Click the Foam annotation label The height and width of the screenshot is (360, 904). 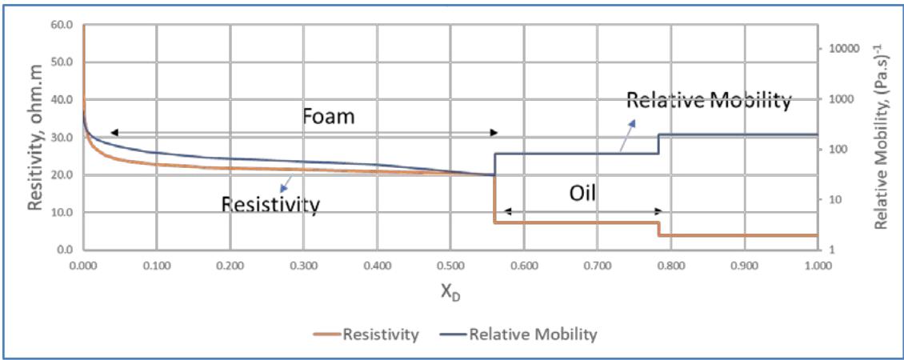pyautogui.click(x=328, y=115)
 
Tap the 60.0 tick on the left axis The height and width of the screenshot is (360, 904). pyautogui.click(x=61, y=25)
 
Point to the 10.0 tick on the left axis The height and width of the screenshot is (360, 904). pyautogui.click(x=61, y=213)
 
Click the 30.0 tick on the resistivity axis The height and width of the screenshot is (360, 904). pyautogui.click(x=61, y=138)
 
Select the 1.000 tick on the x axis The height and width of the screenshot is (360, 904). pyautogui.click(x=817, y=264)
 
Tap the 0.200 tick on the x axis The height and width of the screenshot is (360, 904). pyautogui.click(x=230, y=264)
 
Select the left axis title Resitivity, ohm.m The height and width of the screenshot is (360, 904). pyautogui.click(x=35, y=137)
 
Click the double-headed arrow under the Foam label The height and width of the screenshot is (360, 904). pyautogui.click(x=304, y=132)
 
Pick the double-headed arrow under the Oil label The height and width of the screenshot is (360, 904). pyautogui.click(x=582, y=211)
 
